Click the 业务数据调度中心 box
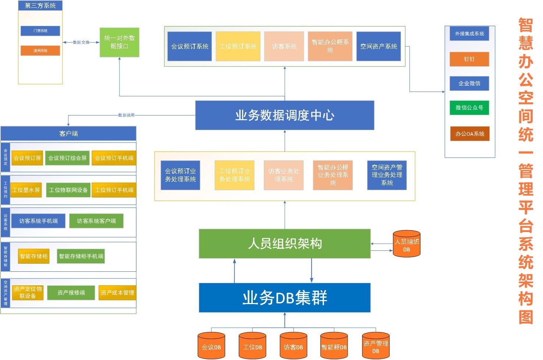[284, 115]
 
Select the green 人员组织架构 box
[284, 243]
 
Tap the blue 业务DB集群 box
[284, 297]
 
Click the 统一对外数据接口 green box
[119, 42]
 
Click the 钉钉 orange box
[469, 59]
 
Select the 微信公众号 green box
[469, 108]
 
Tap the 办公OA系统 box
[469, 134]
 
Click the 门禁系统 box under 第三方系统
[40, 31]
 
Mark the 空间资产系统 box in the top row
[379, 46]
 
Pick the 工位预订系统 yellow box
[238, 46]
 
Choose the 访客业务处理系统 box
[283, 175]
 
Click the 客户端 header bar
[68, 133]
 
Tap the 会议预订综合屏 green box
[67, 158]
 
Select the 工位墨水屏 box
[26, 190]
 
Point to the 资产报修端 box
[71, 293]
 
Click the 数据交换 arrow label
[81, 42]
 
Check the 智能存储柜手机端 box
[81, 256]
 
